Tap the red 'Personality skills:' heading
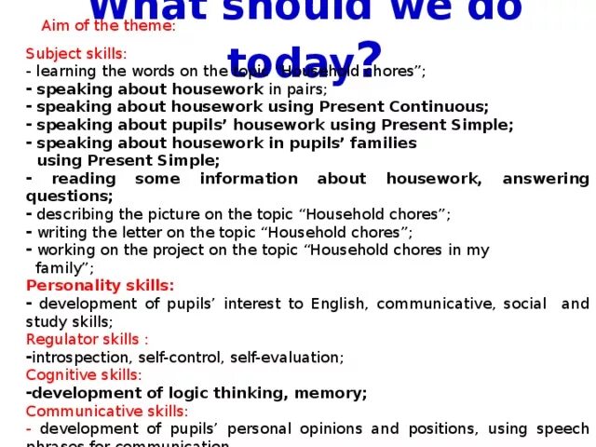point(100,285)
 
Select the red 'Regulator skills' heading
point(87,339)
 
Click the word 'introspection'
point(74,357)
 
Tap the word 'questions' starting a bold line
point(67,196)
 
